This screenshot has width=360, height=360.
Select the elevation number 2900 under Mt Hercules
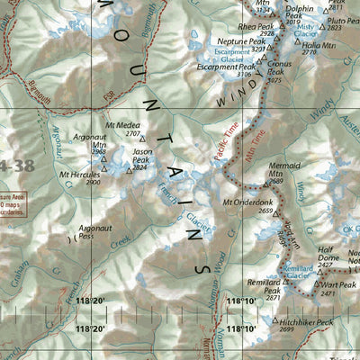[x=68, y=182]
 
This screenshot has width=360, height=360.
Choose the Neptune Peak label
[x=247, y=42]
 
